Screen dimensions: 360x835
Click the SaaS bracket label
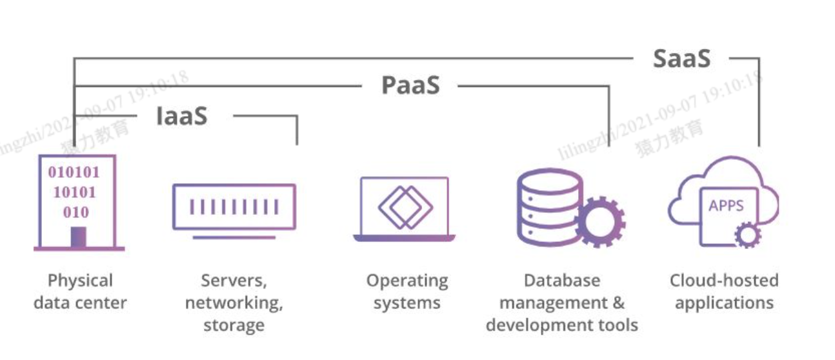(681, 59)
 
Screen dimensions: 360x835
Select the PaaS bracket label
(410, 85)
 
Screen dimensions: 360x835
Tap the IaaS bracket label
(182, 116)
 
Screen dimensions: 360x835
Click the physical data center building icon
(77, 202)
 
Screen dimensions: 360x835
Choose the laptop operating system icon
(405, 209)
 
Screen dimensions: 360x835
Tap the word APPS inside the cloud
(726, 206)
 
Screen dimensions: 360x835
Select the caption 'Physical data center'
(80, 292)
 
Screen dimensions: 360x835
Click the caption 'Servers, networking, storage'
(234, 303)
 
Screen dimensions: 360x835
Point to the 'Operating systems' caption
(407, 292)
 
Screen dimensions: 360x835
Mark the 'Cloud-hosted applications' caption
(724, 292)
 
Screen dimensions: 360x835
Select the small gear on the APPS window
(747, 235)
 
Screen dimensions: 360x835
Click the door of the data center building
(78, 237)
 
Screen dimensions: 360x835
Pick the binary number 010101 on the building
(74, 173)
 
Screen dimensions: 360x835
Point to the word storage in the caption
(234, 325)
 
